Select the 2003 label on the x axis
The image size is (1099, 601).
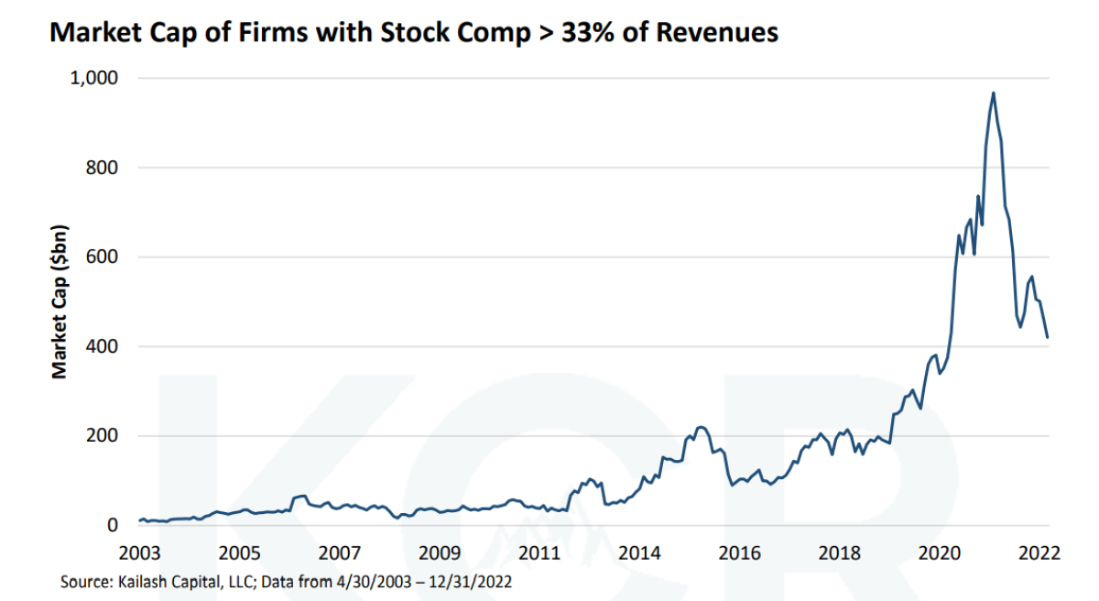pyautogui.click(x=140, y=553)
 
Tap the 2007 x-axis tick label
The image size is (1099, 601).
pyautogui.click(x=340, y=553)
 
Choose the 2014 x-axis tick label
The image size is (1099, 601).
pyautogui.click(x=639, y=553)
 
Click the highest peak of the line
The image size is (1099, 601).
pyautogui.click(x=994, y=93)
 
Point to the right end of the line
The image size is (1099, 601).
pyautogui.click(x=1048, y=338)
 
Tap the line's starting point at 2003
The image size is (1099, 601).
pyautogui.click(x=140, y=520)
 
